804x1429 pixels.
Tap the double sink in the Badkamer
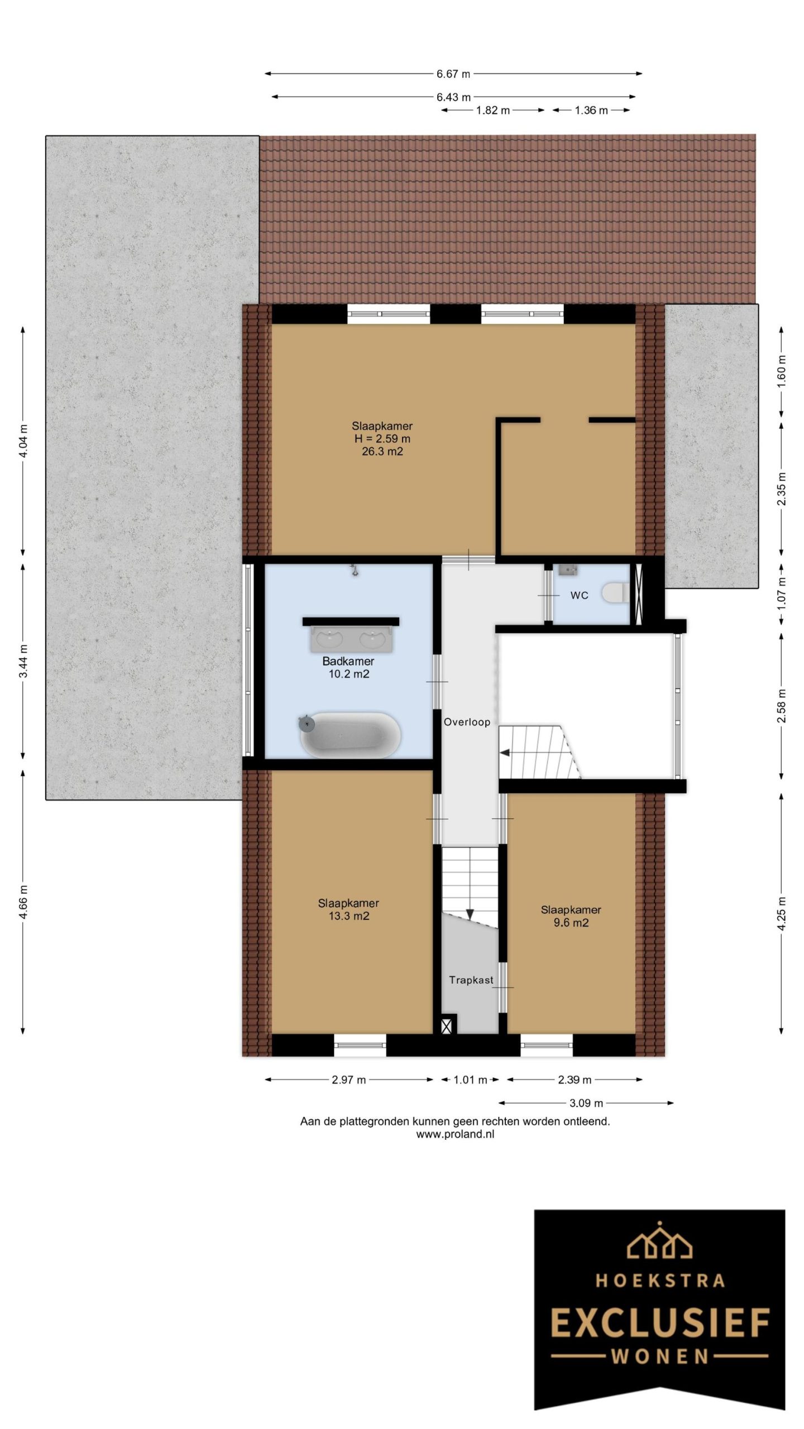[x=351, y=638]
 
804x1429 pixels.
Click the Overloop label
[x=467, y=722]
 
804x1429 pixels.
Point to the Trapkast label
[x=471, y=980]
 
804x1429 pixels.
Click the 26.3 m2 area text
[x=382, y=452]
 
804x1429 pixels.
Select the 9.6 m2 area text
[x=571, y=923]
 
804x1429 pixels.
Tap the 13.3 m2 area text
[x=349, y=916]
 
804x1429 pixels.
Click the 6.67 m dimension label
[x=453, y=73]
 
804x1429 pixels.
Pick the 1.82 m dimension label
[x=492, y=110]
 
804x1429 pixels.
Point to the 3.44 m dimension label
[x=23, y=661]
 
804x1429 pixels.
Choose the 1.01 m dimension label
[x=470, y=1080]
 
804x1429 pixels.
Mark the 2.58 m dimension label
[x=781, y=706]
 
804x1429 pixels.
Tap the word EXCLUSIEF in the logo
[x=660, y=1323]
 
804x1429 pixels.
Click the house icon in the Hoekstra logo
[x=660, y=1239]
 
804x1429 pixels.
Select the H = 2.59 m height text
[x=382, y=439]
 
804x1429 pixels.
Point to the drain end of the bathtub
[x=306, y=724]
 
